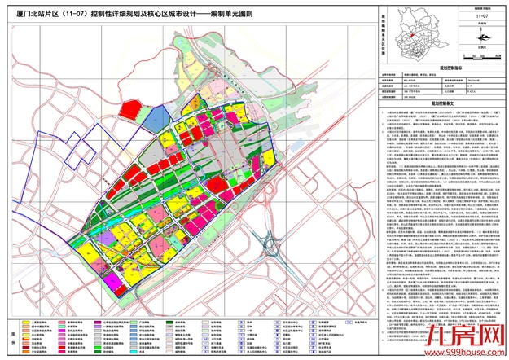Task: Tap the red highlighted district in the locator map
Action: (x=412, y=36)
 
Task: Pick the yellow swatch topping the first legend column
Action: (x=28, y=322)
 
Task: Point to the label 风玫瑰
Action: (x=481, y=23)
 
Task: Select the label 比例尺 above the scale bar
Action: (x=481, y=49)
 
